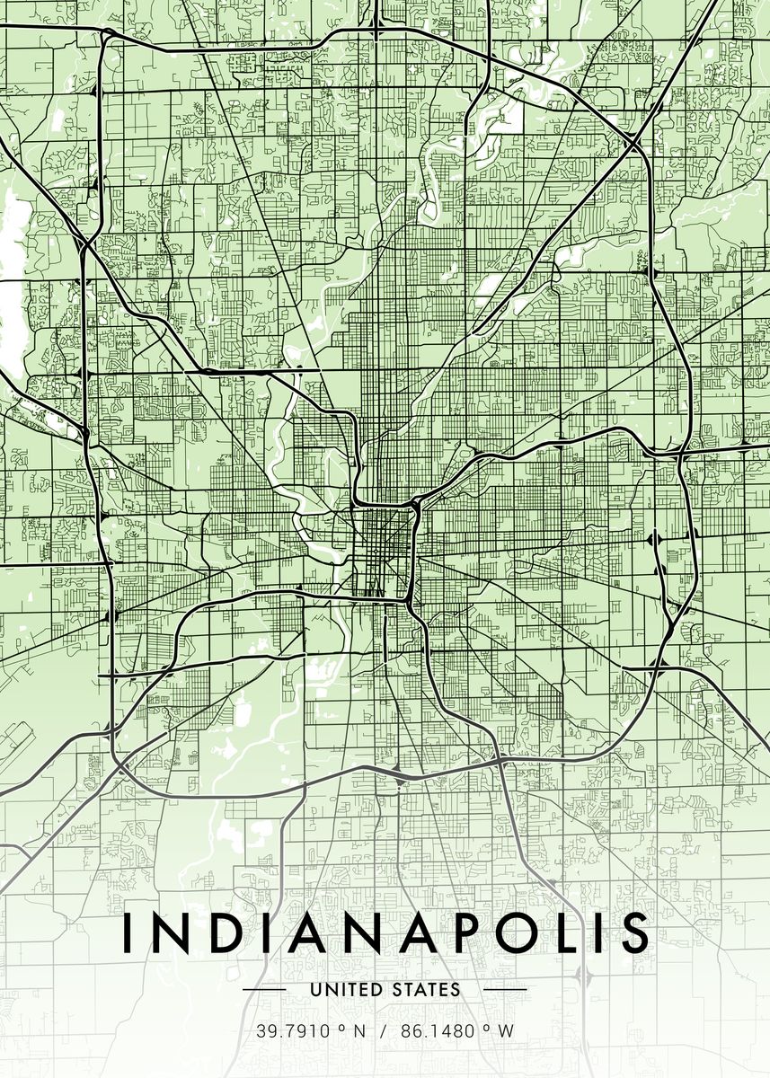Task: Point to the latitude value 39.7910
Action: [294, 1031]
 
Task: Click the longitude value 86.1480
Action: [438, 1031]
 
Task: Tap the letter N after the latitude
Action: [359, 1031]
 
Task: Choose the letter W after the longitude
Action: [506, 1031]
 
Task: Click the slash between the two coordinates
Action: [383, 1031]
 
